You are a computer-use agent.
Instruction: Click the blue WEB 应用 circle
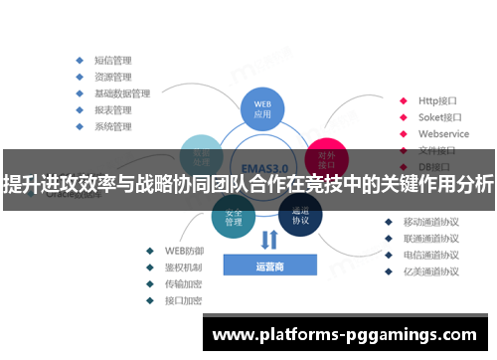262,107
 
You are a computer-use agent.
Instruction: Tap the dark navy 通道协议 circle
300,216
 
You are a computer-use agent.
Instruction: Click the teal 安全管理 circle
234,216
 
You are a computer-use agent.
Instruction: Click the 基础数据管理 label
121,92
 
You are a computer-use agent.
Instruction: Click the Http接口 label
436,99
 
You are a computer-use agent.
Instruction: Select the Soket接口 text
438,116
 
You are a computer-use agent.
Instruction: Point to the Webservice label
443,133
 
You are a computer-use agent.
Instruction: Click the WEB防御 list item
183,250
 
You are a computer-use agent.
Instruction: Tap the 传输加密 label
183,283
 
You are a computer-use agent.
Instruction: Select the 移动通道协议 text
431,222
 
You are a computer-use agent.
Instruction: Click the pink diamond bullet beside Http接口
403,99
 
